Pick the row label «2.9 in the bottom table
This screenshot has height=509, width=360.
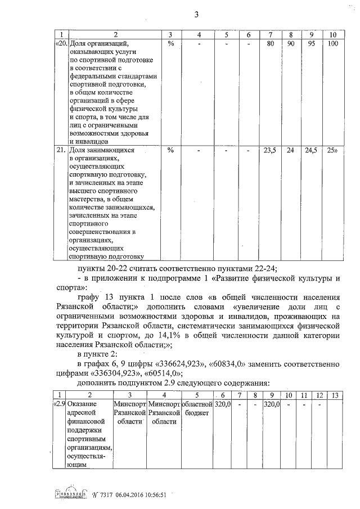point(60,404)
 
